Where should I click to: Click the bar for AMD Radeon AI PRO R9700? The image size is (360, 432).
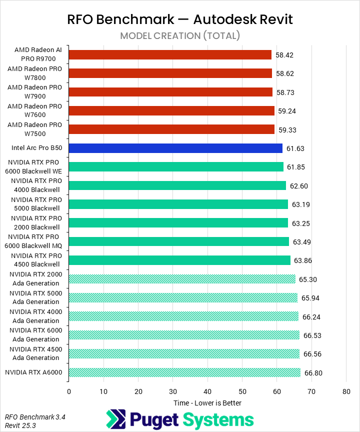pyautogui.click(x=170, y=54)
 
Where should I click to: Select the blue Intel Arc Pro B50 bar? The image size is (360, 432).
pyautogui.click(x=175, y=148)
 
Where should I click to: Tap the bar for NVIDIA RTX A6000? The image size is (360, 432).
pyautogui.click(x=184, y=372)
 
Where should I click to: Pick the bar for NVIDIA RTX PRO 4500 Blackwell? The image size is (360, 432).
pyautogui.click(x=179, y=260)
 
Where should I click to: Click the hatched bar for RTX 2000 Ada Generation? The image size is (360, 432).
pyautogui.click(x=182, y=279)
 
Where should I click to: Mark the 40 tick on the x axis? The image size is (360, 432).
pyautogui.click(x=207, y=391)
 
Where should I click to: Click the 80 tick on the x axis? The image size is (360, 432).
pyautogui.click(x=346, y=391)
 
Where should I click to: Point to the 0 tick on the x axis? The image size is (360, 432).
pyautogui.click(x=69, y=391)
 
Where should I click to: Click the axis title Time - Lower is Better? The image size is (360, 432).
pyautogui.click(x=207, y=403)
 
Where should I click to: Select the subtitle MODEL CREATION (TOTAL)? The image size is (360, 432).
pyautogui.click(x=180, y=35)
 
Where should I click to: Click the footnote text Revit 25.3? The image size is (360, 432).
pyautogui.click(x=20, y=425)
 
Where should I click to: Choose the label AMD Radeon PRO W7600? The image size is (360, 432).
pyautogui.click(x=34, y=110)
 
